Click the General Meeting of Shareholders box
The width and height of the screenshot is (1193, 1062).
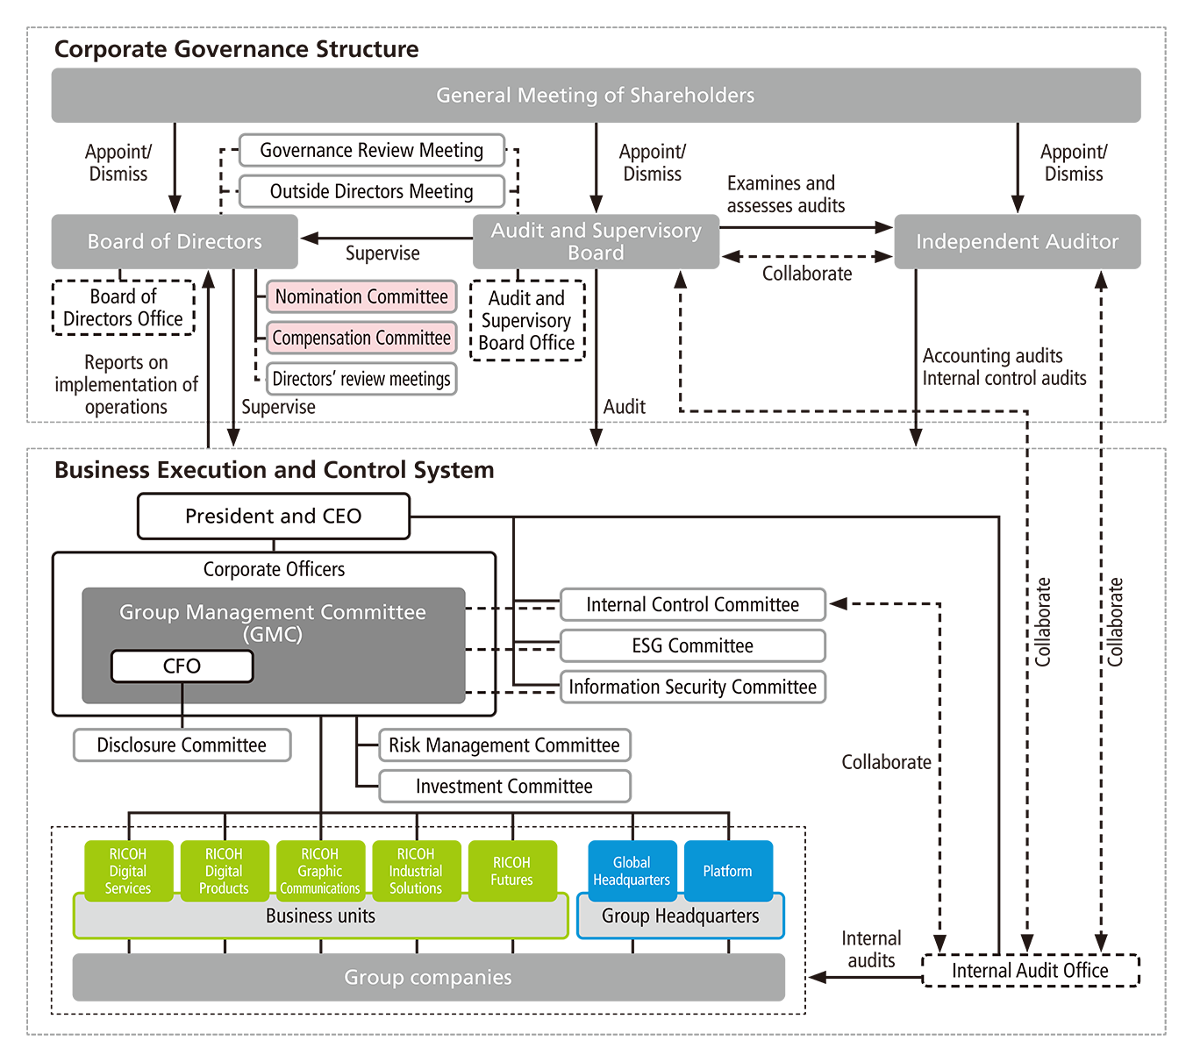click(x=596, y=96)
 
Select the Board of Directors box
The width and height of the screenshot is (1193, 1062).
click(x=175, y=242)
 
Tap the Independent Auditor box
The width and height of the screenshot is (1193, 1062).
click(x=1017, y=242)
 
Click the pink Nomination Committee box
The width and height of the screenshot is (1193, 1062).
click(x=361, y=297)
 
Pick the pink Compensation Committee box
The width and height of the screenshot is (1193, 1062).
click(x=361, y=339)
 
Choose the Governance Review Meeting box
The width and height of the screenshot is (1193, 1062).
click(x=372, y=151)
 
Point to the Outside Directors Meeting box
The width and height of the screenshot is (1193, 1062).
click(x=372, y=192)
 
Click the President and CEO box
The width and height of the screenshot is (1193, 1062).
click(x=273, y=517)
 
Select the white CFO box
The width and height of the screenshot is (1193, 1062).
click(x=182, y=666)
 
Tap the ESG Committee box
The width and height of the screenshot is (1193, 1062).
click(x=692, y=646)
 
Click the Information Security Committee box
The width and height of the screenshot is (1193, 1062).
click(x=692, y=688)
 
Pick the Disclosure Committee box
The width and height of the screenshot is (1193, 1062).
click(x=182, y=745)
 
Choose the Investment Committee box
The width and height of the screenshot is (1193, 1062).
click(x=504, y=787)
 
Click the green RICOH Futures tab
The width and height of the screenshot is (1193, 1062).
click(x=512, y=872)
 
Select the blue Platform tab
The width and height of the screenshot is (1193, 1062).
click(x=728, y=872)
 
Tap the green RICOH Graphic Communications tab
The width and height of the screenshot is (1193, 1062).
click(x=320, y=872)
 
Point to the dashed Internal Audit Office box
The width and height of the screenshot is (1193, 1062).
click(x=1030, y=971)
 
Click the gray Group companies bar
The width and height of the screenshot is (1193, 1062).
click(x=428, y=978)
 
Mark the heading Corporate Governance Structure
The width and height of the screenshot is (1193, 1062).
click(x=237, y=49)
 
